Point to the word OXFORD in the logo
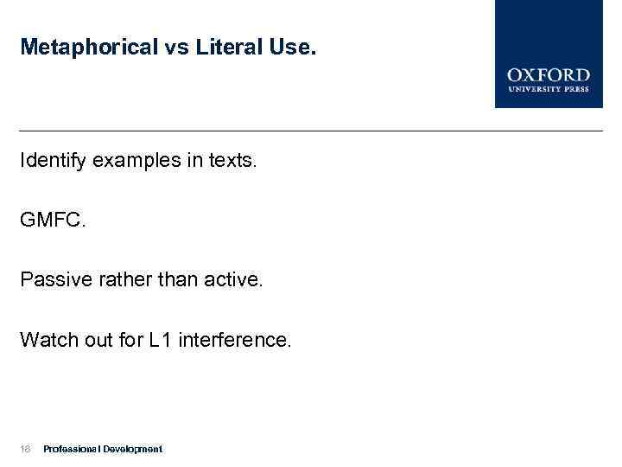549,75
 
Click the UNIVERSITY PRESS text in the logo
549,89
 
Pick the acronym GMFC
52,221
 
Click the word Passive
54,280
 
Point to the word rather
117,280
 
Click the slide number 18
26,449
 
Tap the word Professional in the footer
72,449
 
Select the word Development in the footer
132,449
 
